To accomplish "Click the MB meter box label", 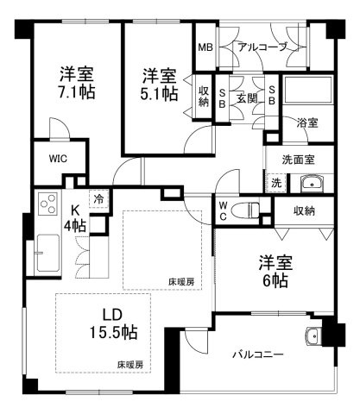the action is [x=205, y=47].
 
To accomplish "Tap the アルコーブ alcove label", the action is [x=262, y=47].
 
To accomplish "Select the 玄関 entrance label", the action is [x=247, y=98].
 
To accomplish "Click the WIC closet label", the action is [x=58, y=159].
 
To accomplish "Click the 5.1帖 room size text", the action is [x=159, y=94].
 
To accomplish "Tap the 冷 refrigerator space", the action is [x=99, y=199].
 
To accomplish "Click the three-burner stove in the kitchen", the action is [x=48, y=203].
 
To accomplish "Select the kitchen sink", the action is [x=47, y=253].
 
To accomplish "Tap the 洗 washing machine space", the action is [x=276, y=183].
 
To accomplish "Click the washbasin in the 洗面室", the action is [x=312, y=184].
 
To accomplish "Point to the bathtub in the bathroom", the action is [x=308, y=90].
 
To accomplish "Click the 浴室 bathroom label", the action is [x=307, y=122].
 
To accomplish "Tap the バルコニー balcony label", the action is [x=258, y=354].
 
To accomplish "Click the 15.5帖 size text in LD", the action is [x=113, y=332].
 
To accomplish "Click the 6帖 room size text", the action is [x=275, y=281].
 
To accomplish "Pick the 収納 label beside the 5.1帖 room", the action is [x=204, y=97].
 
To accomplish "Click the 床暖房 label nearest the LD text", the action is [x=130, y=365].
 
